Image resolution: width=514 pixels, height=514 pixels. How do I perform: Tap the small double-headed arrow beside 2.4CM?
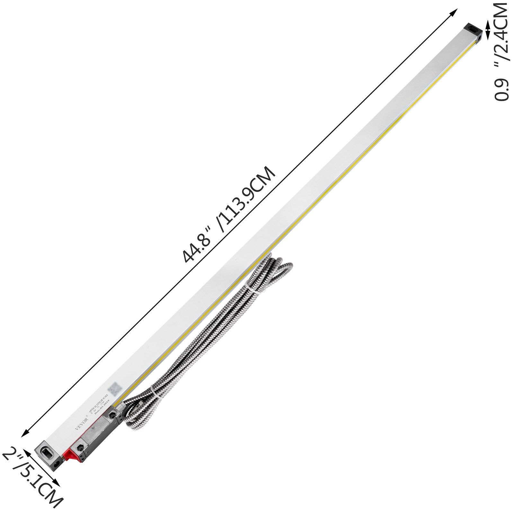(488, 30)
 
